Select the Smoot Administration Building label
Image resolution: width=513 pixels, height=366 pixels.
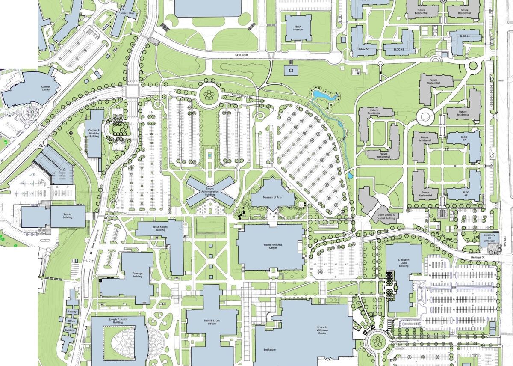pos(210,191)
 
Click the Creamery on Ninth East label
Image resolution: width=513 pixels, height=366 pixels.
pos(489,238)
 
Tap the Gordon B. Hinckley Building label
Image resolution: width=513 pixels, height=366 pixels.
pos(95,133)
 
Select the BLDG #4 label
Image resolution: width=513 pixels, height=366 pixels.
pos(465,36)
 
